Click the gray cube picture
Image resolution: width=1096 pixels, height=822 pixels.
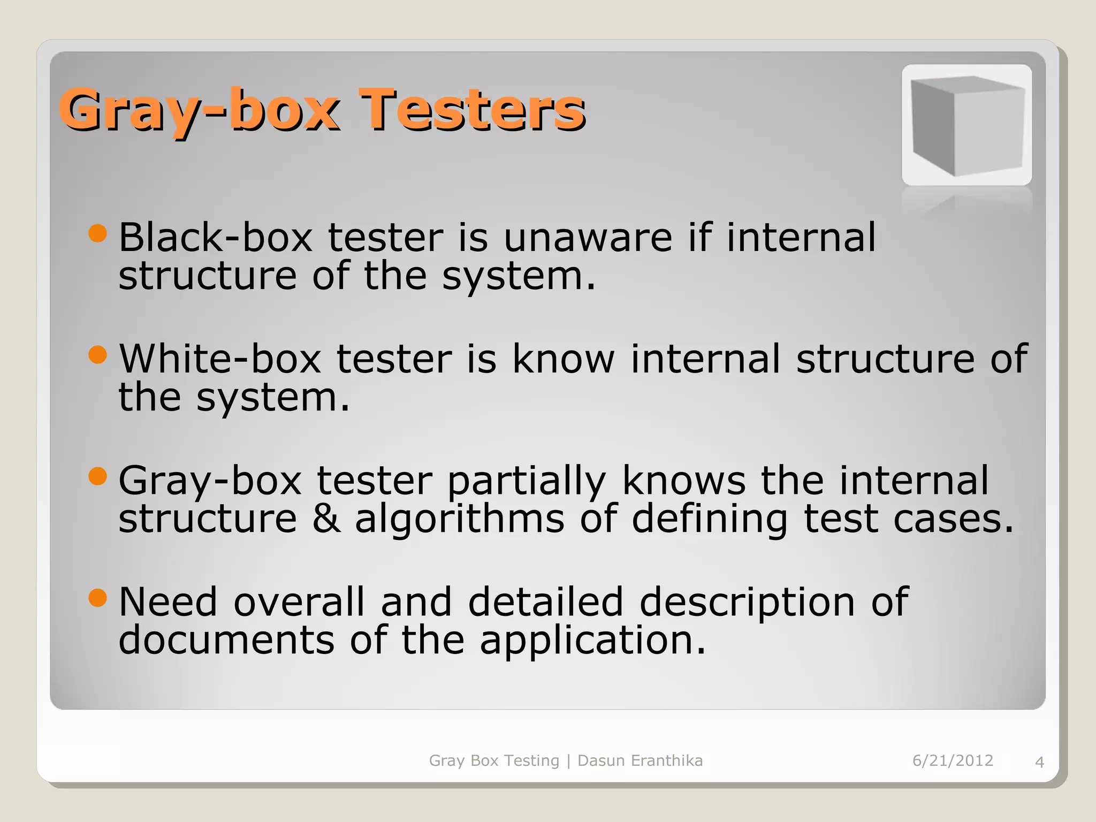click(x=966, y=125)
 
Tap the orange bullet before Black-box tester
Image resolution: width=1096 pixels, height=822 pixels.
click(x=98, y=233)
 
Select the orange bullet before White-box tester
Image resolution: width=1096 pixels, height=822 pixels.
click(x=98, y=354)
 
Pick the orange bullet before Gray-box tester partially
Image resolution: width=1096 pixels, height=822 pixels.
click(x=98, y=476)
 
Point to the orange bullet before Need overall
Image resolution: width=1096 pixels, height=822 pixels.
click(x=98, y=597)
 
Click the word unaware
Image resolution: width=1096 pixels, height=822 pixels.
click(x=588, y=238)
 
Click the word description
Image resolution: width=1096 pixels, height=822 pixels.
click(x=747, y=603)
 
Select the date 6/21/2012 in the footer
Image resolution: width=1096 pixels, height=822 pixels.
click(x=953, y=760)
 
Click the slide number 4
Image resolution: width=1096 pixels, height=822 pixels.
click(x=1039, y=762)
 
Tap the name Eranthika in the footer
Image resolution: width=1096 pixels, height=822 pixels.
click(x=667, y=760)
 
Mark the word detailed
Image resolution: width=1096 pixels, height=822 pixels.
click(x=546, y=602)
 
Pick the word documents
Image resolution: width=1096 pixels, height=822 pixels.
click(x=226, y=640)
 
